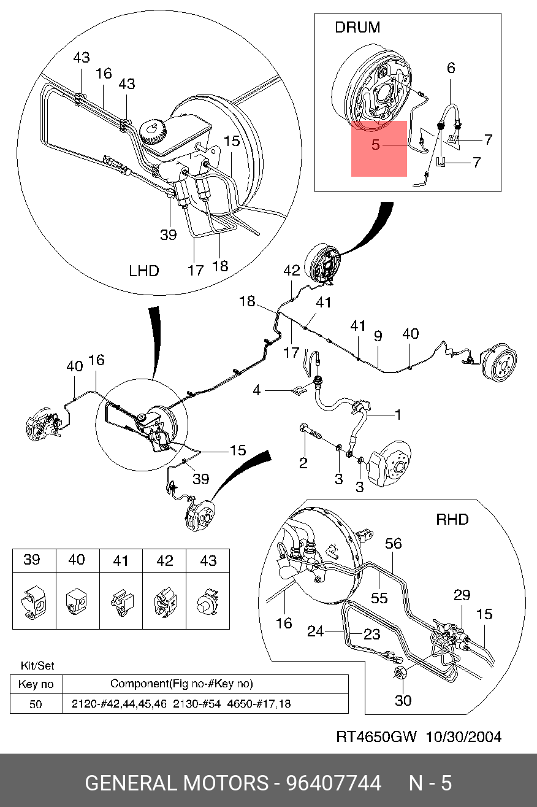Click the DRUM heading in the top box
click(357, 28)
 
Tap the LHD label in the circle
click(144, 271)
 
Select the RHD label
click(452, 520)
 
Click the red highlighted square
click(379, 149)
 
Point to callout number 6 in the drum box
click(451, 68)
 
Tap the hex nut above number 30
click(400, 673)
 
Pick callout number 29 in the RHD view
click(462, 595)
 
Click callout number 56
click(394, 544)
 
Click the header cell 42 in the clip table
click(164, 560)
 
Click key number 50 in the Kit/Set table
click(36, 704)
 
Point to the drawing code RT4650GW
click(376, 737)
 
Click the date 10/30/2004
click(463, 737)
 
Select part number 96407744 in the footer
click(333, 783)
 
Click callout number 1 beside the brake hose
click(398, 415)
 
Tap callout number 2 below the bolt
click(303, 463)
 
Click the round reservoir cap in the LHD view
click(153, 131)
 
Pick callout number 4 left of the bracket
click(257, 390)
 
